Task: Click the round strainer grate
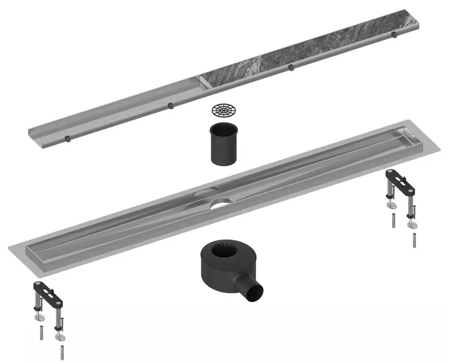click(x=223, y=110)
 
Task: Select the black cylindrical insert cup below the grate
click(x=223, y=145)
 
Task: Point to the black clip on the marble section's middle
click(x=291, y=67)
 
